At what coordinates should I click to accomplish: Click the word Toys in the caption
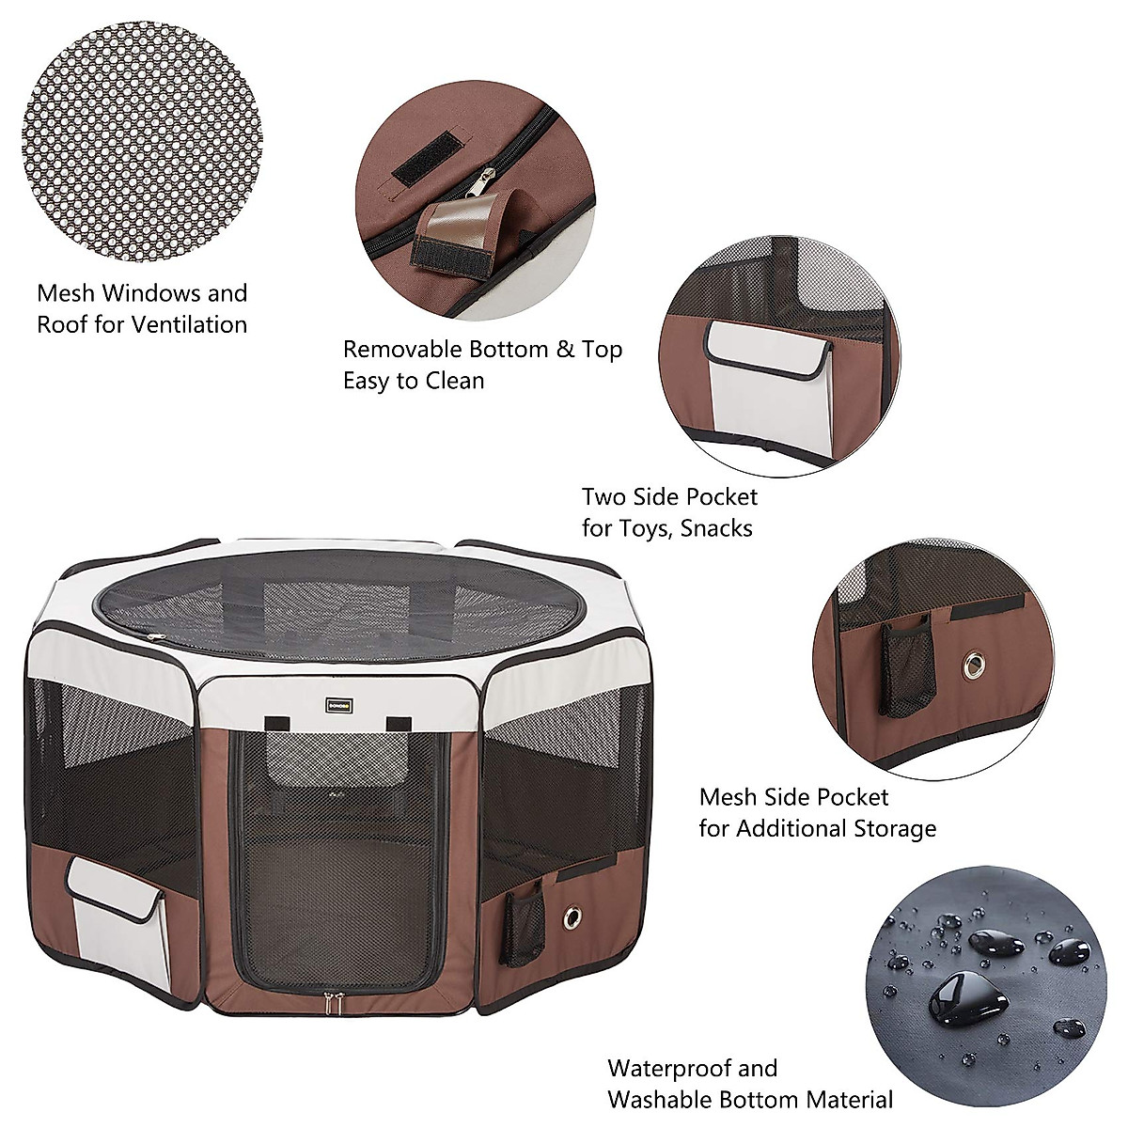(x=648, y=528)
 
